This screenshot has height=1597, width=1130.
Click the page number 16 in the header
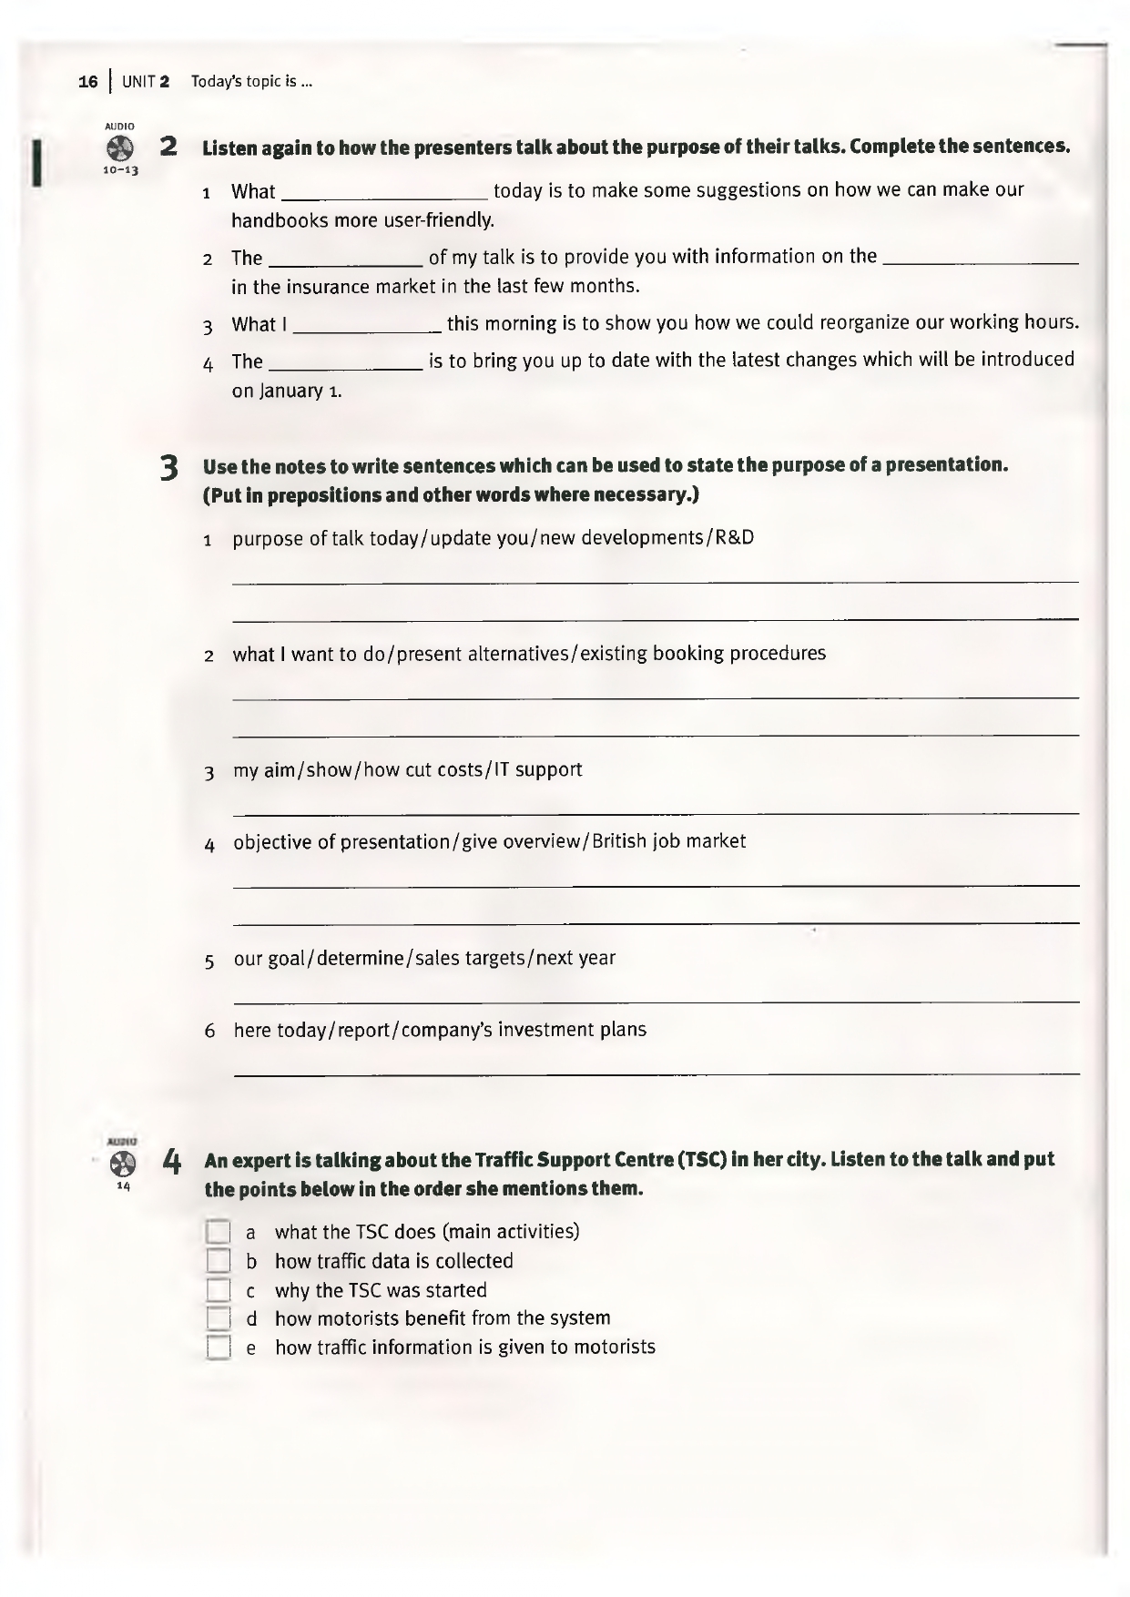(88, 82)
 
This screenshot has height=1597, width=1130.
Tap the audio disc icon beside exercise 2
(119, 148)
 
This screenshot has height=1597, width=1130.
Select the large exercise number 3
(168, 468)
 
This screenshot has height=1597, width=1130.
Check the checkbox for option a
(219, 1232)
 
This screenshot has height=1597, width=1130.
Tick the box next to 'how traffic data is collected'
(219, 1261)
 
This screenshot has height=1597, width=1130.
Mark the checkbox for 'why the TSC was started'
(219, 1290)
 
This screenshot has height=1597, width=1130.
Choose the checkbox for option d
(219, 1318)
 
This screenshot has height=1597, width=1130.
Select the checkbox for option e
(219, 1348)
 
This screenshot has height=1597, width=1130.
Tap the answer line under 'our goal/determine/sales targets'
(656, 1002)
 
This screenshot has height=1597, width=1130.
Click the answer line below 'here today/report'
(656, 1073)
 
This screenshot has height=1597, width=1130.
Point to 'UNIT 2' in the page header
(146, 82)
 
